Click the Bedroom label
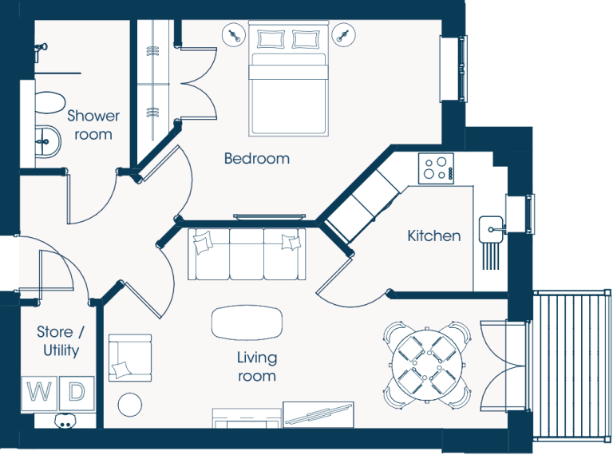[x=257, y=158]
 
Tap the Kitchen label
[x=434, y=235]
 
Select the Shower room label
[x=93, y=125]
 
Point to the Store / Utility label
[x=61, y=341]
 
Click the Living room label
[x=257, y=366]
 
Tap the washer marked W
[x=39, y=393]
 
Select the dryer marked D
[x=77, y=393]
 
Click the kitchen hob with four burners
[x=437, y=168]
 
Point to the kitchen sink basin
[x=491, y=229]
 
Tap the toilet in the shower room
[x=49, y=103]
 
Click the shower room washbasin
[x=48, y=141]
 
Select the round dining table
[x=427, y=365]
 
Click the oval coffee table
[x=247, y=322]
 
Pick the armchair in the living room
[x=130, y=358]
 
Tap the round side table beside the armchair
[x=130, y=405]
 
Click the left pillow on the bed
[x=270, y=39]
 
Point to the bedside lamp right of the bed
[x=344, y=35]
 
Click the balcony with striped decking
[x=571, y=366]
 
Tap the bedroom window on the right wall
[x=454, y=69]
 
